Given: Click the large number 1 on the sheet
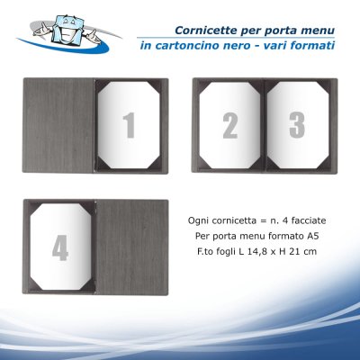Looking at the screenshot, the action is tap(129, 126).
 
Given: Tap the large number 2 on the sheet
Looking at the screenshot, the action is tap(230, 126).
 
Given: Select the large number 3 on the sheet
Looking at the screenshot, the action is tap(297, 125).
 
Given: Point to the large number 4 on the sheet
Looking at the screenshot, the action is tap(60, 247).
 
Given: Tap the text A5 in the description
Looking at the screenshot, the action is tap(313, 236).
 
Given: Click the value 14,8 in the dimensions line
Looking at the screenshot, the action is tap(256, 251).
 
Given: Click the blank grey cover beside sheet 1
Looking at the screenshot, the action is tap(58, 125).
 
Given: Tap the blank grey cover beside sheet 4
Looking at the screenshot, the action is tap(131, 247).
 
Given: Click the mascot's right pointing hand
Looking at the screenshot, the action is tap(92, 36).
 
